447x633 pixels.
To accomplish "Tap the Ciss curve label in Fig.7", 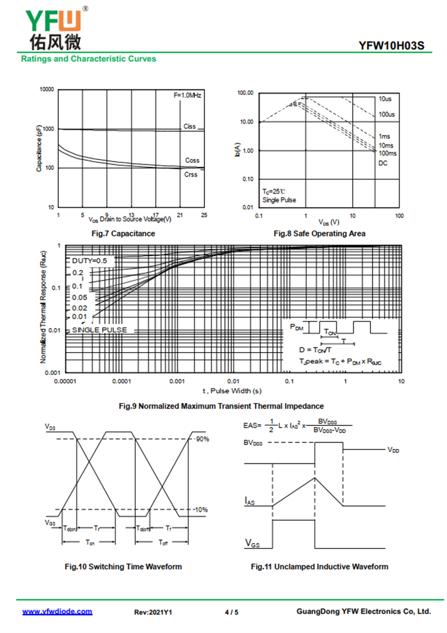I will pos(190,126).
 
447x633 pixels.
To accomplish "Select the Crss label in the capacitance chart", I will pos(191,175).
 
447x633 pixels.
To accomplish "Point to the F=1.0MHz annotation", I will pos(187,96).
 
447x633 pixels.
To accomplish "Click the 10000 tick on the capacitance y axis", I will pos(46,90).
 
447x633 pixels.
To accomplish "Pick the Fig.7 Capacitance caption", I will pos(123,233).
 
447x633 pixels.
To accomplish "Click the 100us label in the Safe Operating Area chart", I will pos(387,114).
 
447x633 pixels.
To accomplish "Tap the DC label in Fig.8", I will pos(383,163).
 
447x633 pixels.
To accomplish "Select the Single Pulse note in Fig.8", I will pos(279,200).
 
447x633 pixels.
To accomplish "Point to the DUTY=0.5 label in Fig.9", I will pos(89,261).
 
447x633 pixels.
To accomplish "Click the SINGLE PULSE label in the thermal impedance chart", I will pos(99,330).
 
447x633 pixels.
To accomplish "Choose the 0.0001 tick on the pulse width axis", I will pos(121,381).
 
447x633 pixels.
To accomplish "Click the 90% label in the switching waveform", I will pos(202,439).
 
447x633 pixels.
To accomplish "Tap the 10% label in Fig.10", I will pos(202,509).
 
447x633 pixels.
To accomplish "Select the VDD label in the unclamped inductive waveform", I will pos(393,449).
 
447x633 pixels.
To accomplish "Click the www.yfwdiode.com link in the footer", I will pos(57,612).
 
